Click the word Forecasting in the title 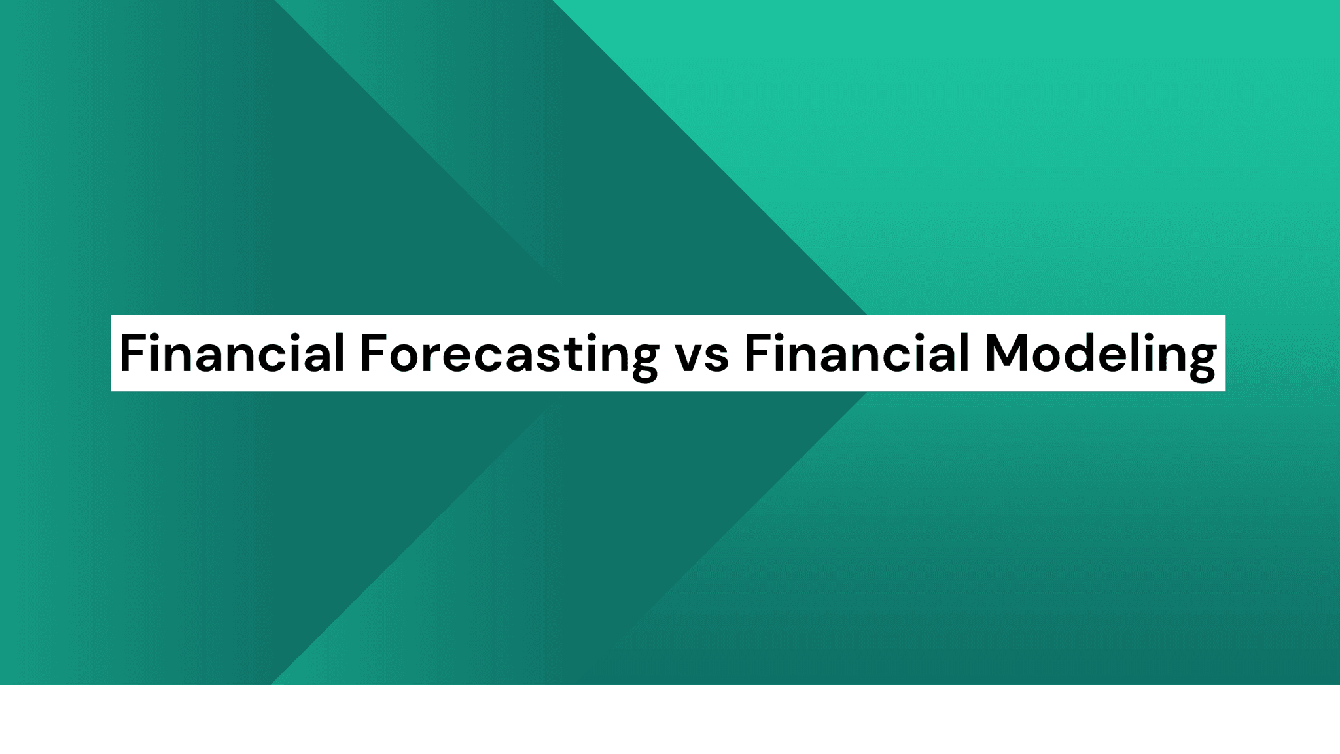509,354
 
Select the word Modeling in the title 1100,354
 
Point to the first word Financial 232,354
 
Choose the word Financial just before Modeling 856,354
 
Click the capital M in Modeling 1008,354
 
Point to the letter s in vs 716,359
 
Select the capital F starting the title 130,354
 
